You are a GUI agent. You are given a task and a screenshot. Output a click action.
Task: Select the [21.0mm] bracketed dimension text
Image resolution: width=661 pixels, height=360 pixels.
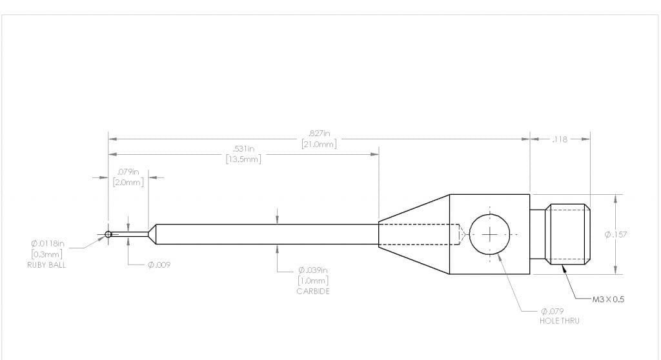(x=320, y=144)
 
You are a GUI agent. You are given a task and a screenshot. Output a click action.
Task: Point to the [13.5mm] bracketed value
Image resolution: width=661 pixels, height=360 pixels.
(x=243, y=159)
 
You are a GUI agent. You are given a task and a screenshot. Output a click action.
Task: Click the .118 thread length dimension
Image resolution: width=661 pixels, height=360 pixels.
(x=559, y=139)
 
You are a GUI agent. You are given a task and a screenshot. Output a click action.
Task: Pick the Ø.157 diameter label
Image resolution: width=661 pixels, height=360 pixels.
(x=615, y=234)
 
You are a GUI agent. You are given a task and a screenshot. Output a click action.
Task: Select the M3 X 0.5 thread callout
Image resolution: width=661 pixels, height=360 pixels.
(x=609, y=299)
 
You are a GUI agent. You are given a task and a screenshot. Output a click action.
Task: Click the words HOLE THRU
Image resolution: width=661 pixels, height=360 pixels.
(x=559, y=321)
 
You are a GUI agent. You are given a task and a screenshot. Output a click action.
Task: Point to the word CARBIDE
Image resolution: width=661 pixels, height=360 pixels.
(x=313, y=291)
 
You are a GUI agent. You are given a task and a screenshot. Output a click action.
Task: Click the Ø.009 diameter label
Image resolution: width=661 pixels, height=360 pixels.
(x=159, y=265)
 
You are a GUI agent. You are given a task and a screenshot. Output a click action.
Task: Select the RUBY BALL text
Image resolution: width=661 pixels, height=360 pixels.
(x=46, y=265)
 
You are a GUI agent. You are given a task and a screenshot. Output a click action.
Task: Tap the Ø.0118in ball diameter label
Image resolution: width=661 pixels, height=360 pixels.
(x=48, y=243)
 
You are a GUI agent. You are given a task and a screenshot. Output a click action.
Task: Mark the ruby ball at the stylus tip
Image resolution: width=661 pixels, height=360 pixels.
(x=108, y=234)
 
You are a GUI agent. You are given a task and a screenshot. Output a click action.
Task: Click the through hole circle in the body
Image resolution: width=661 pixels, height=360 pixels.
(x=490, y=234)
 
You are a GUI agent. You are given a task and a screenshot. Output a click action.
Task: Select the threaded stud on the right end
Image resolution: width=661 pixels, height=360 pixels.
(x=568, y=234)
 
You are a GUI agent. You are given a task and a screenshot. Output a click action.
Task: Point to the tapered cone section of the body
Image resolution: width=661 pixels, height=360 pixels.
(x=413, y=234)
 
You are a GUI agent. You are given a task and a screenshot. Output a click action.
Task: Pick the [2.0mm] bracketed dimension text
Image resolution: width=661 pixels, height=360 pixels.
(x=128, y=182)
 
